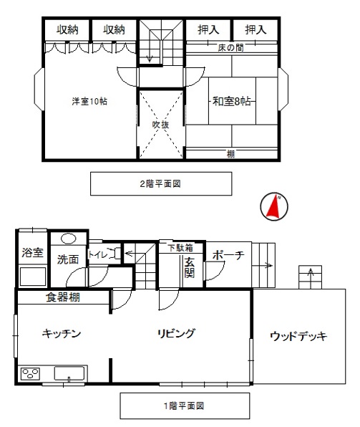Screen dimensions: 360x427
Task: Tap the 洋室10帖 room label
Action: point(89,101)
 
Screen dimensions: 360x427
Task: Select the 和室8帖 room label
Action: point(232,101)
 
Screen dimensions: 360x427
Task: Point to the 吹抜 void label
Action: point(160,125)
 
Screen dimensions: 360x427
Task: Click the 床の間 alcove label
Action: point(230,48)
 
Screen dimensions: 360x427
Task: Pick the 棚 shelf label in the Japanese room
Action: point(230,154)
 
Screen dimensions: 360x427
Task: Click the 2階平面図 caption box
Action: point(161,183)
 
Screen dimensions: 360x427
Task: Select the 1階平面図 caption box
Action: point(185,406)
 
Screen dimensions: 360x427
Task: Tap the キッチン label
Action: point(62,333)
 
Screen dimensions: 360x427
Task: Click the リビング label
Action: point(176,333)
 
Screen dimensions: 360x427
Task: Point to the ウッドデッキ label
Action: point(298,336)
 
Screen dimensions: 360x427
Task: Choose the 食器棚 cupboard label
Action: point(63,297)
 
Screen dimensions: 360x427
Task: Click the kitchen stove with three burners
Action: point(31,374)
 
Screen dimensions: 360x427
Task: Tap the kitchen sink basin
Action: point(69,373)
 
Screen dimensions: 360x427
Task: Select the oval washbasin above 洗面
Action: point(69,239)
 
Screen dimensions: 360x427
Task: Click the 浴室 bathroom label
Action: point(32,252)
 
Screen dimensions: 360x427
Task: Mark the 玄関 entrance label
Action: point(190,267)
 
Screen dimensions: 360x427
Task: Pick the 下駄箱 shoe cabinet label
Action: point(180,248)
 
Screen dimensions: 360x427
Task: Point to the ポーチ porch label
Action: point(228,255)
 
